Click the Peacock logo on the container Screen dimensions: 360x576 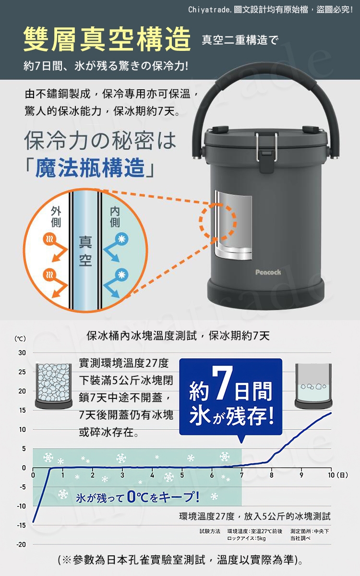tap(268, 272)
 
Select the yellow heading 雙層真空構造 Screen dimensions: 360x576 tap(107, 39)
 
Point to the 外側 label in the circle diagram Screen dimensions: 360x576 tap(56, 216)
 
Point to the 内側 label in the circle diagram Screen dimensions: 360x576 tap(115, 216)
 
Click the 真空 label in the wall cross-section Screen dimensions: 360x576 tap(85, 251)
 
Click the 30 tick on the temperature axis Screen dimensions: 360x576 tap(22, 353)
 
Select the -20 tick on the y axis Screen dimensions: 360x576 tap(21, 544)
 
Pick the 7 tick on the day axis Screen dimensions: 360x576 tap(242, 475)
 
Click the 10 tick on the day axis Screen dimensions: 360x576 tap(331, 475)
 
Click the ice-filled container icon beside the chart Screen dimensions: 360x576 tap(53, 386)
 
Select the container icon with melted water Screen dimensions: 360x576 tap(313, 386)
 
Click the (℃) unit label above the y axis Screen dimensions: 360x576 tap(20, 339)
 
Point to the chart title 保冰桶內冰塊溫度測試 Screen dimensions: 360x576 tap(142, 336)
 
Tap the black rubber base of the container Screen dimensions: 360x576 tap(269, 296)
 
